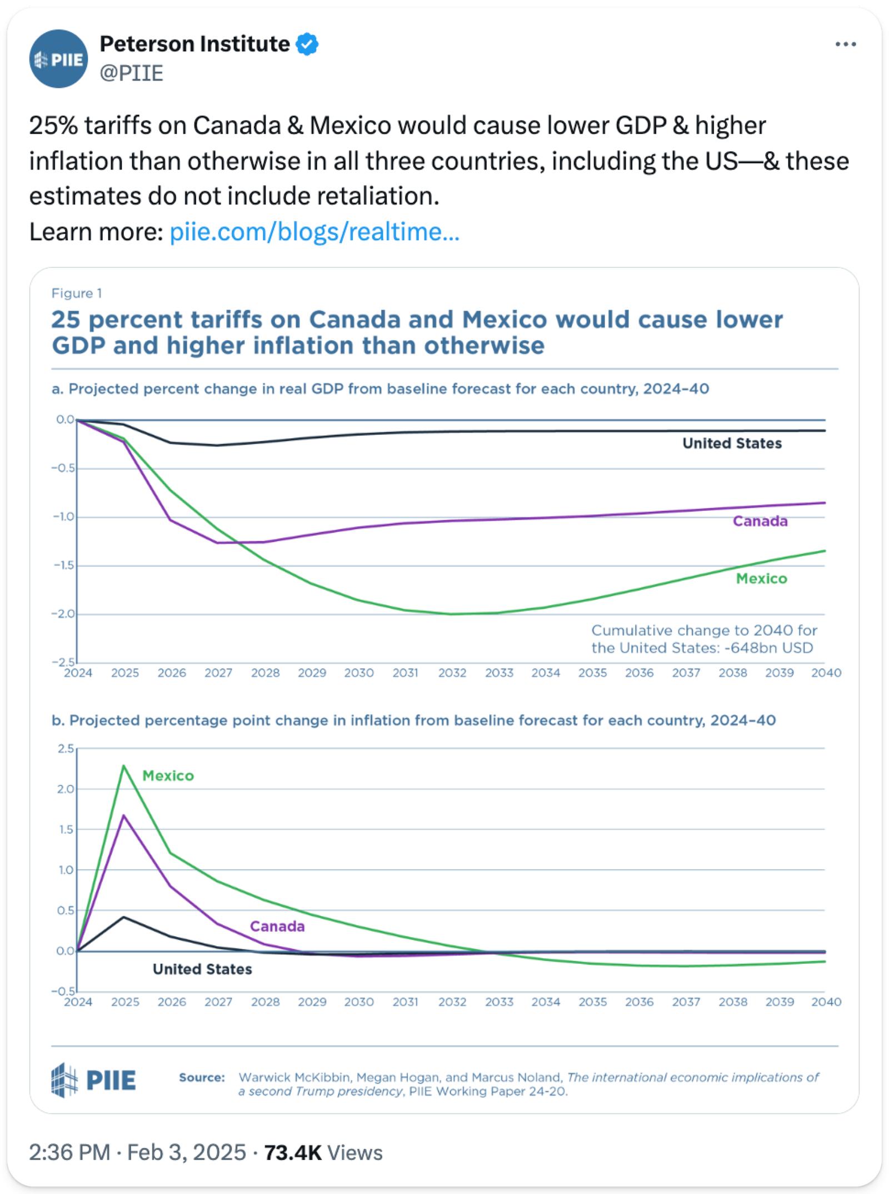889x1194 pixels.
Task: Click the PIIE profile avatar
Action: point(58,59)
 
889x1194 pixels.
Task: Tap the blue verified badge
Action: point(307,44)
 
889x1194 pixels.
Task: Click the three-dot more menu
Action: point(845,44)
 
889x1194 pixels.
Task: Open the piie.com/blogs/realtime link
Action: point(314,232)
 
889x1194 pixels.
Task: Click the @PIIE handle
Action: point(131,73)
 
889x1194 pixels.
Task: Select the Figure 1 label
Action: point(77,293)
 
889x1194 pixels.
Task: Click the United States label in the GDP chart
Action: point(732,443)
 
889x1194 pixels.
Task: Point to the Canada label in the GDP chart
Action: point(760,521)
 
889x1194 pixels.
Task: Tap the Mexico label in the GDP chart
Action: point(761,579)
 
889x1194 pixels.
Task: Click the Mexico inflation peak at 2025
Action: point(124,766)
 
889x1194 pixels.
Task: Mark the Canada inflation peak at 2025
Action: point(124,815)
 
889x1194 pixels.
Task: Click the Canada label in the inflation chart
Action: point(277,926)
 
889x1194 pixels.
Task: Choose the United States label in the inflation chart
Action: point(202,969)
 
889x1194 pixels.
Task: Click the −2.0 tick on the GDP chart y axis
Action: point(63,614)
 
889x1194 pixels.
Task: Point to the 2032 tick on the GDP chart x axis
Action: point(452,673)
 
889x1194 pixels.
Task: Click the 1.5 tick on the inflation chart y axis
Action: point(65,829)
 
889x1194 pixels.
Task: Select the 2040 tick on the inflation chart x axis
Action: point(826,1002)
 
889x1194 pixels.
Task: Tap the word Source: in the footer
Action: point(202,1077)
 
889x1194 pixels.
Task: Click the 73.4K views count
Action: point(293,1152)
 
